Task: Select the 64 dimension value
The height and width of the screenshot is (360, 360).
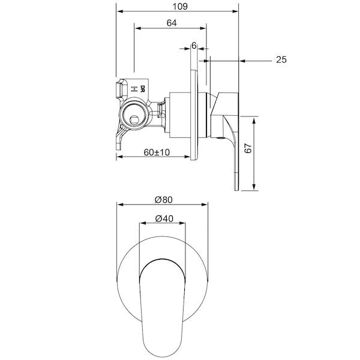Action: [x=171, y=23]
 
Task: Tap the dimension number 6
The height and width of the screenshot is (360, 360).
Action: [x=194, y=45]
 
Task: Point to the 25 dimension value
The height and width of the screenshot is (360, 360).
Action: [x=281, y=59]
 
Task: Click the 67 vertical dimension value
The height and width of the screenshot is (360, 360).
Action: [x=248, y=149]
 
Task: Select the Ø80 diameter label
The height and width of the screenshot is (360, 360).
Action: [x=163, y=199]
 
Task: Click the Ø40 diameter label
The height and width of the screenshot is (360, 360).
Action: [x=163, y=219]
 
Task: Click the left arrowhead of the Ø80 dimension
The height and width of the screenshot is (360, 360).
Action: [x=119, y=205]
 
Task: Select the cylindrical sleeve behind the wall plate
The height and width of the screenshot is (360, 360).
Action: [x=179, y=114]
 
